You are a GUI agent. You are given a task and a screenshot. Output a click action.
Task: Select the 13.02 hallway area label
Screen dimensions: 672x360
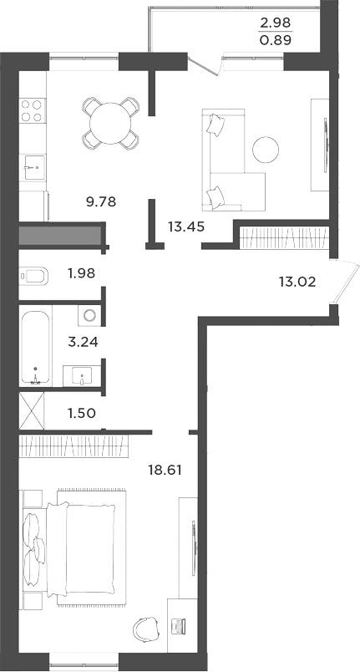[297, 281]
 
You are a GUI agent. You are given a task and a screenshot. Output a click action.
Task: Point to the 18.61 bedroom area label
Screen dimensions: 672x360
[164, 471]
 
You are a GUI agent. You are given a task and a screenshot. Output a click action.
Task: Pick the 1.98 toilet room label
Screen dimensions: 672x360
[83, 273]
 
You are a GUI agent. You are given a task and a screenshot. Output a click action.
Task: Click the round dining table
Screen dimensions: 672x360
[110, 123]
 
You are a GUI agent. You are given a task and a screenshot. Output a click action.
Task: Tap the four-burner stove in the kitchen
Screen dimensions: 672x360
[31, 111]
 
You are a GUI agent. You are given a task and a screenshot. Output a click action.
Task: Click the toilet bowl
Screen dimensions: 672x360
[33, 275]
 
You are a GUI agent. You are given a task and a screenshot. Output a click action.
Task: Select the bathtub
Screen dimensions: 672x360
[35, 345]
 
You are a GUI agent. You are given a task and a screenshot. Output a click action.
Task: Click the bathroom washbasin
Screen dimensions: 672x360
[84, 374]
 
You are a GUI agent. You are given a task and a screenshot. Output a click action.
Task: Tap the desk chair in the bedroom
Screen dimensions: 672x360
[148, 627]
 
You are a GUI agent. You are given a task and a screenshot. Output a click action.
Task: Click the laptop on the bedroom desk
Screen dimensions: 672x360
[178, 624]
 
